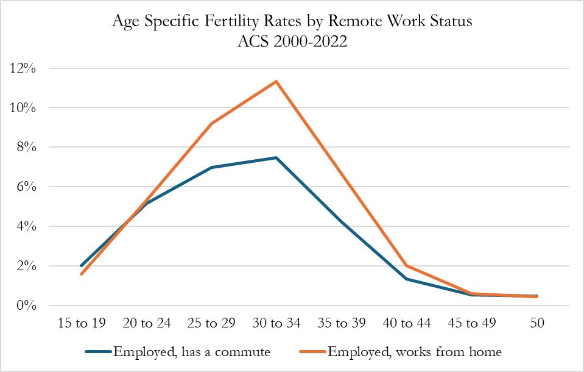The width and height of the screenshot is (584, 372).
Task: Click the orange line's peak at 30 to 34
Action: pyautogui.click(x=276, y=81)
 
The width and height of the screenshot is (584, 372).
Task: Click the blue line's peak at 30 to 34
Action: pyautogui.click(x=276, y=157)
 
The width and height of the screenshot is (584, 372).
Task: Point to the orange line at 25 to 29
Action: pyautogui.click(x=211, y=123)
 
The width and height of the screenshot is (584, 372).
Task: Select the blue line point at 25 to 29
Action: pyautogui.click(x=211, y=167)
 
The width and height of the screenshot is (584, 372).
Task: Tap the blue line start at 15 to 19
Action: pyautogui.click(x=81, y=266)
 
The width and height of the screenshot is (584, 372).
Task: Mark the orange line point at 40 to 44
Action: pyautogui.click(x=406, y=265)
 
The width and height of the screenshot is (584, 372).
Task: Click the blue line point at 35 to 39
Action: pyautogui.click(x=342, y=221)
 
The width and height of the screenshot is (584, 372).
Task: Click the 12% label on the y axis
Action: pyautogui.click(x=23, y=68)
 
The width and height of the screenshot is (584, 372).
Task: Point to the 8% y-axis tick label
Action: pyautogui.click(x=27, y=147)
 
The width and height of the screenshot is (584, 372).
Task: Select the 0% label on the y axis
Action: pyautogui.click(x=27, y=306)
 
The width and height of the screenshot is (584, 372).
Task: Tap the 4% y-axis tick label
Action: pyautogui.click(x=27, y=226)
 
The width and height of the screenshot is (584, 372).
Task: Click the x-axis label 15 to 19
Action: pyautogui.click(x=81, y=323)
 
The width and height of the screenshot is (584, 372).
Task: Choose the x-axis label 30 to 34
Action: pyautogui.click(x=276, y=323)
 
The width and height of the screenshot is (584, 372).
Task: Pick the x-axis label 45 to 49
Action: pyautogui.click(x=471, y=323)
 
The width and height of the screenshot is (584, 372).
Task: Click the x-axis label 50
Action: pyautogui.click(x=537, y=323)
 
